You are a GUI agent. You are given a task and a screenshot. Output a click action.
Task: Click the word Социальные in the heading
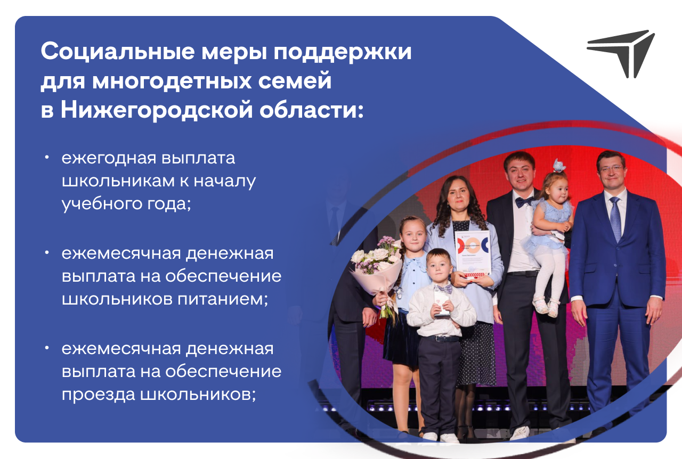click(118, 51)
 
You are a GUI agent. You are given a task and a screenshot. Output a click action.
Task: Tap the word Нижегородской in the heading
click(157, 110)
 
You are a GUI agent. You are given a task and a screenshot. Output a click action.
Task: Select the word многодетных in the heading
click(172, 80)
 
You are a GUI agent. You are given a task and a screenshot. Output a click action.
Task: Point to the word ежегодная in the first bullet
click(108, 158)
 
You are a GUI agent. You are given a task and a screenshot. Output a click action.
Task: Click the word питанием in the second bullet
click(223, 299)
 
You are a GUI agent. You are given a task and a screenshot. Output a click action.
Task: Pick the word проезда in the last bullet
click(99, 395)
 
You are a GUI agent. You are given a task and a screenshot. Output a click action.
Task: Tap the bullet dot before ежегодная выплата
click(46, 158)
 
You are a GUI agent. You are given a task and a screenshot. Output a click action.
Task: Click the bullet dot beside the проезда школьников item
click(46, 348)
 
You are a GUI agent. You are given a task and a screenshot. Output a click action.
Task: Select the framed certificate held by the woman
click(473, 253)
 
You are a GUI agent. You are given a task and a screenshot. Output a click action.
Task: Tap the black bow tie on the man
click(524, 201)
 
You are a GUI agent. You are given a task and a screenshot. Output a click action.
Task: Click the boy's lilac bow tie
click(443, 289)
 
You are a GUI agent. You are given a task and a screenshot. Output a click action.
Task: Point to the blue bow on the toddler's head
click(559, 166)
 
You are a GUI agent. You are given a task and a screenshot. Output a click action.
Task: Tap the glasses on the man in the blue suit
click(611, 168)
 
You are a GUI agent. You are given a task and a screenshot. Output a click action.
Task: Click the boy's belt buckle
click(439, 339)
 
